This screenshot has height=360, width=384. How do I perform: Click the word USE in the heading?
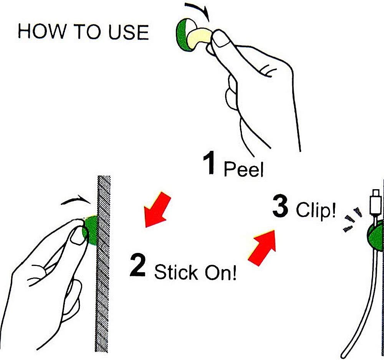[x=129, y=32]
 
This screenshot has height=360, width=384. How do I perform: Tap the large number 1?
[x=210, y=163]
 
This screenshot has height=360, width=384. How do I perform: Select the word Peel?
[x=244, y=168]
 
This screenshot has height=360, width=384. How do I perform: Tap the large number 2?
[x=137, y=265]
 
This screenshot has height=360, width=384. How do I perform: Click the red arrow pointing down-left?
[x=156, y=210]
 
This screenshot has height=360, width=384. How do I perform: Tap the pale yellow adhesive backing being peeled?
[x=199, y=38]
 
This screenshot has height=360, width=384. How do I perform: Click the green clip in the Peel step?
[x=182, y=35]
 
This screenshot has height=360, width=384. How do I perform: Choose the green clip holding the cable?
[x=376, y=235]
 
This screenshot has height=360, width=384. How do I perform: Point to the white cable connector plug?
[x=375, y=201]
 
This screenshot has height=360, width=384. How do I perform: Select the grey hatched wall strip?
[x=103, y=264]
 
